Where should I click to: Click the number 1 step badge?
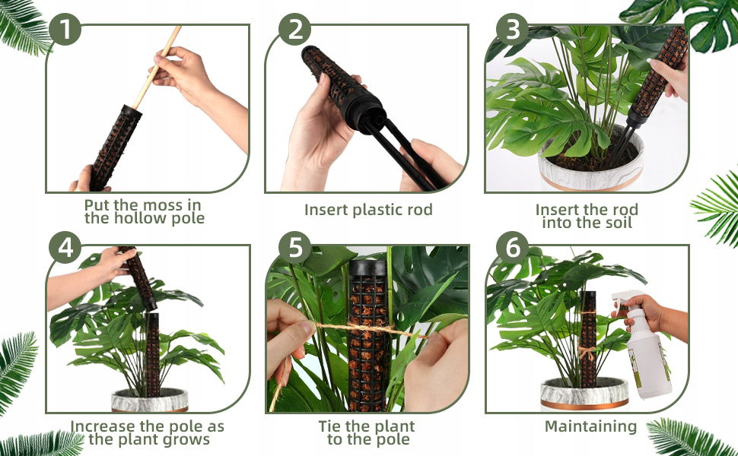click(x=65, y=29)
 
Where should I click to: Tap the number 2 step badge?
click(x=294, y=29)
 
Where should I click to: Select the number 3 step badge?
click(x=513, y=29)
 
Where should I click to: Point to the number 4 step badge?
click(x=65, y=247)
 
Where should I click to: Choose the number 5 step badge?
click(x=294, y=247)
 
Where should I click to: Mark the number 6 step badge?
click(x=513, y=247)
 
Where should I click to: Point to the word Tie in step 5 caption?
click(x=330, y=426)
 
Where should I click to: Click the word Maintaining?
click(x=590, y=427)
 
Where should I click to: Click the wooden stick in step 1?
click(x=157, y=67)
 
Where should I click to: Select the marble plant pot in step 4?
click(x=150, y=400)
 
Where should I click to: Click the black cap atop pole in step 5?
click(x=367, y=268)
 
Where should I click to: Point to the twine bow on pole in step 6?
click(x=587, y=352)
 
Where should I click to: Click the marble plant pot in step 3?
click(x=590, y=168)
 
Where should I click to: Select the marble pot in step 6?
click(x=584, y=394)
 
